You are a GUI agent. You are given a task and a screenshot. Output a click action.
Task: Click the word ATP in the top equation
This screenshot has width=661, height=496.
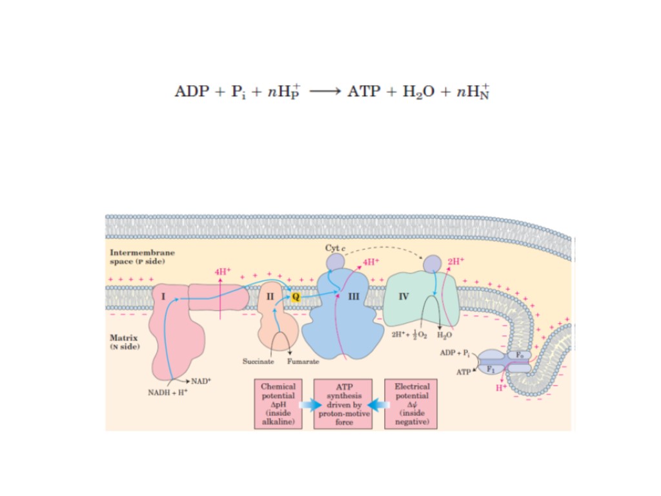[x=364, y=91]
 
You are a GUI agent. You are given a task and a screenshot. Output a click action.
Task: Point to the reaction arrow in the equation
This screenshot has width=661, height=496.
[x=325, y=92]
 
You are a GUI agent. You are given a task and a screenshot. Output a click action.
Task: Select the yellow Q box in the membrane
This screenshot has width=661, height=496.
[x=295, y=296]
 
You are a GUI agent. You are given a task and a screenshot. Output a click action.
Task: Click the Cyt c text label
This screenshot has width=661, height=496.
[x=336, y=248]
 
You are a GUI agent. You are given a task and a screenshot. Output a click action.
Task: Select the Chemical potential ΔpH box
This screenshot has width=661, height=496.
[x=278, y=404]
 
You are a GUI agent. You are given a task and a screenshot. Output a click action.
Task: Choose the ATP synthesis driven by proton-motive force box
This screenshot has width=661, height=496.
[x=343, y=404]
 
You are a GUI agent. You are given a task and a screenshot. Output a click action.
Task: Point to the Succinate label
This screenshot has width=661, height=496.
[x=258, y=361]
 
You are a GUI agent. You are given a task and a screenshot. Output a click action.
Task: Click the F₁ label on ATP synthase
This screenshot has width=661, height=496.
[x=490, y=369]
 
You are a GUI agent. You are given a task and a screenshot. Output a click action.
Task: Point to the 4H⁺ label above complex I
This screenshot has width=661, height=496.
[x=222, y=272]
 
